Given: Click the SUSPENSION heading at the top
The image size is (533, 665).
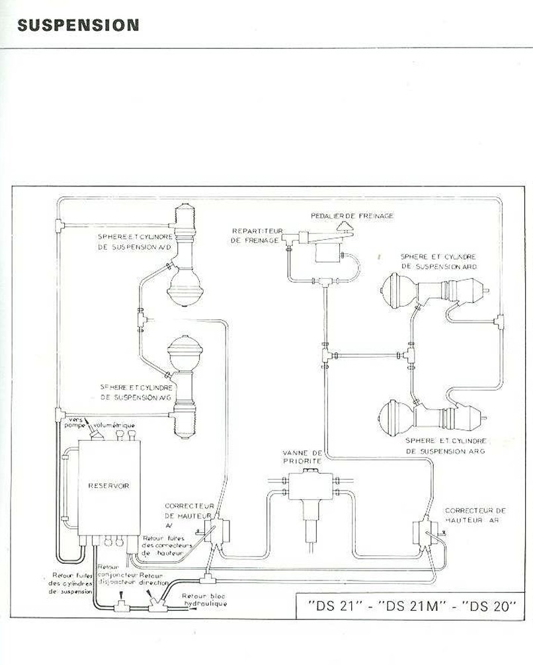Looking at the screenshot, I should point(78,26).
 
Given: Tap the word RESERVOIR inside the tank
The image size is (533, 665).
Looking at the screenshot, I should point(108,486).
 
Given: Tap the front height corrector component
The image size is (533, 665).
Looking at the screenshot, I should point(214,531).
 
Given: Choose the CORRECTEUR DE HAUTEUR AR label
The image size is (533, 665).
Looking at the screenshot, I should point(475,515).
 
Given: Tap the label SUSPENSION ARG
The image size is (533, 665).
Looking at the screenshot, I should point(446,450).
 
